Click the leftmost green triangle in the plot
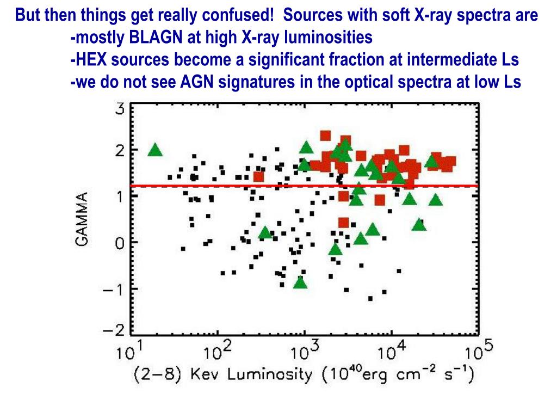click(x=156, y=150)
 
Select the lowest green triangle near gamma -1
click(x=300, y=282)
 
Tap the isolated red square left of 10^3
click(x=258, y=176)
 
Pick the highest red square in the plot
click(x=325, y=136)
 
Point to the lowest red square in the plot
click(x=343, y=222)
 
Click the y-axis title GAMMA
click(x=82, y=218)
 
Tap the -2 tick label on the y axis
click(x=115, y=330)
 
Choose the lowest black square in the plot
click(x=370, y=298)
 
